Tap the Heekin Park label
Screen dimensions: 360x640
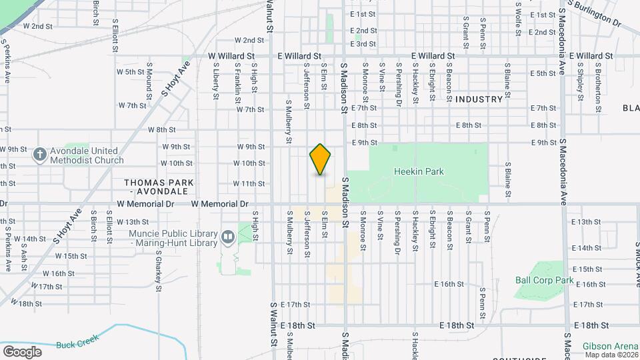tap(419, 172)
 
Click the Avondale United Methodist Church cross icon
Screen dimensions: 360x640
tap(39, 155)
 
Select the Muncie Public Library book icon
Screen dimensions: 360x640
tap(228, 237)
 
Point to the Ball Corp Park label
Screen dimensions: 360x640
tap(545, 281)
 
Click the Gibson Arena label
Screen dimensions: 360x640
tap(610, 346)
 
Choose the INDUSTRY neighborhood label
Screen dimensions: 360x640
tap(479, 99)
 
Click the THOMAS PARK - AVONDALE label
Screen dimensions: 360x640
tap(159, 187)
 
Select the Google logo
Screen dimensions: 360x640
tap(23, 351)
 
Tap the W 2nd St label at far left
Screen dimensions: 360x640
tap(38, 26)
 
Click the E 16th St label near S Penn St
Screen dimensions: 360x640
tap(448, 284)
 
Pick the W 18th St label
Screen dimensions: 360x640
tap(35, 304)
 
